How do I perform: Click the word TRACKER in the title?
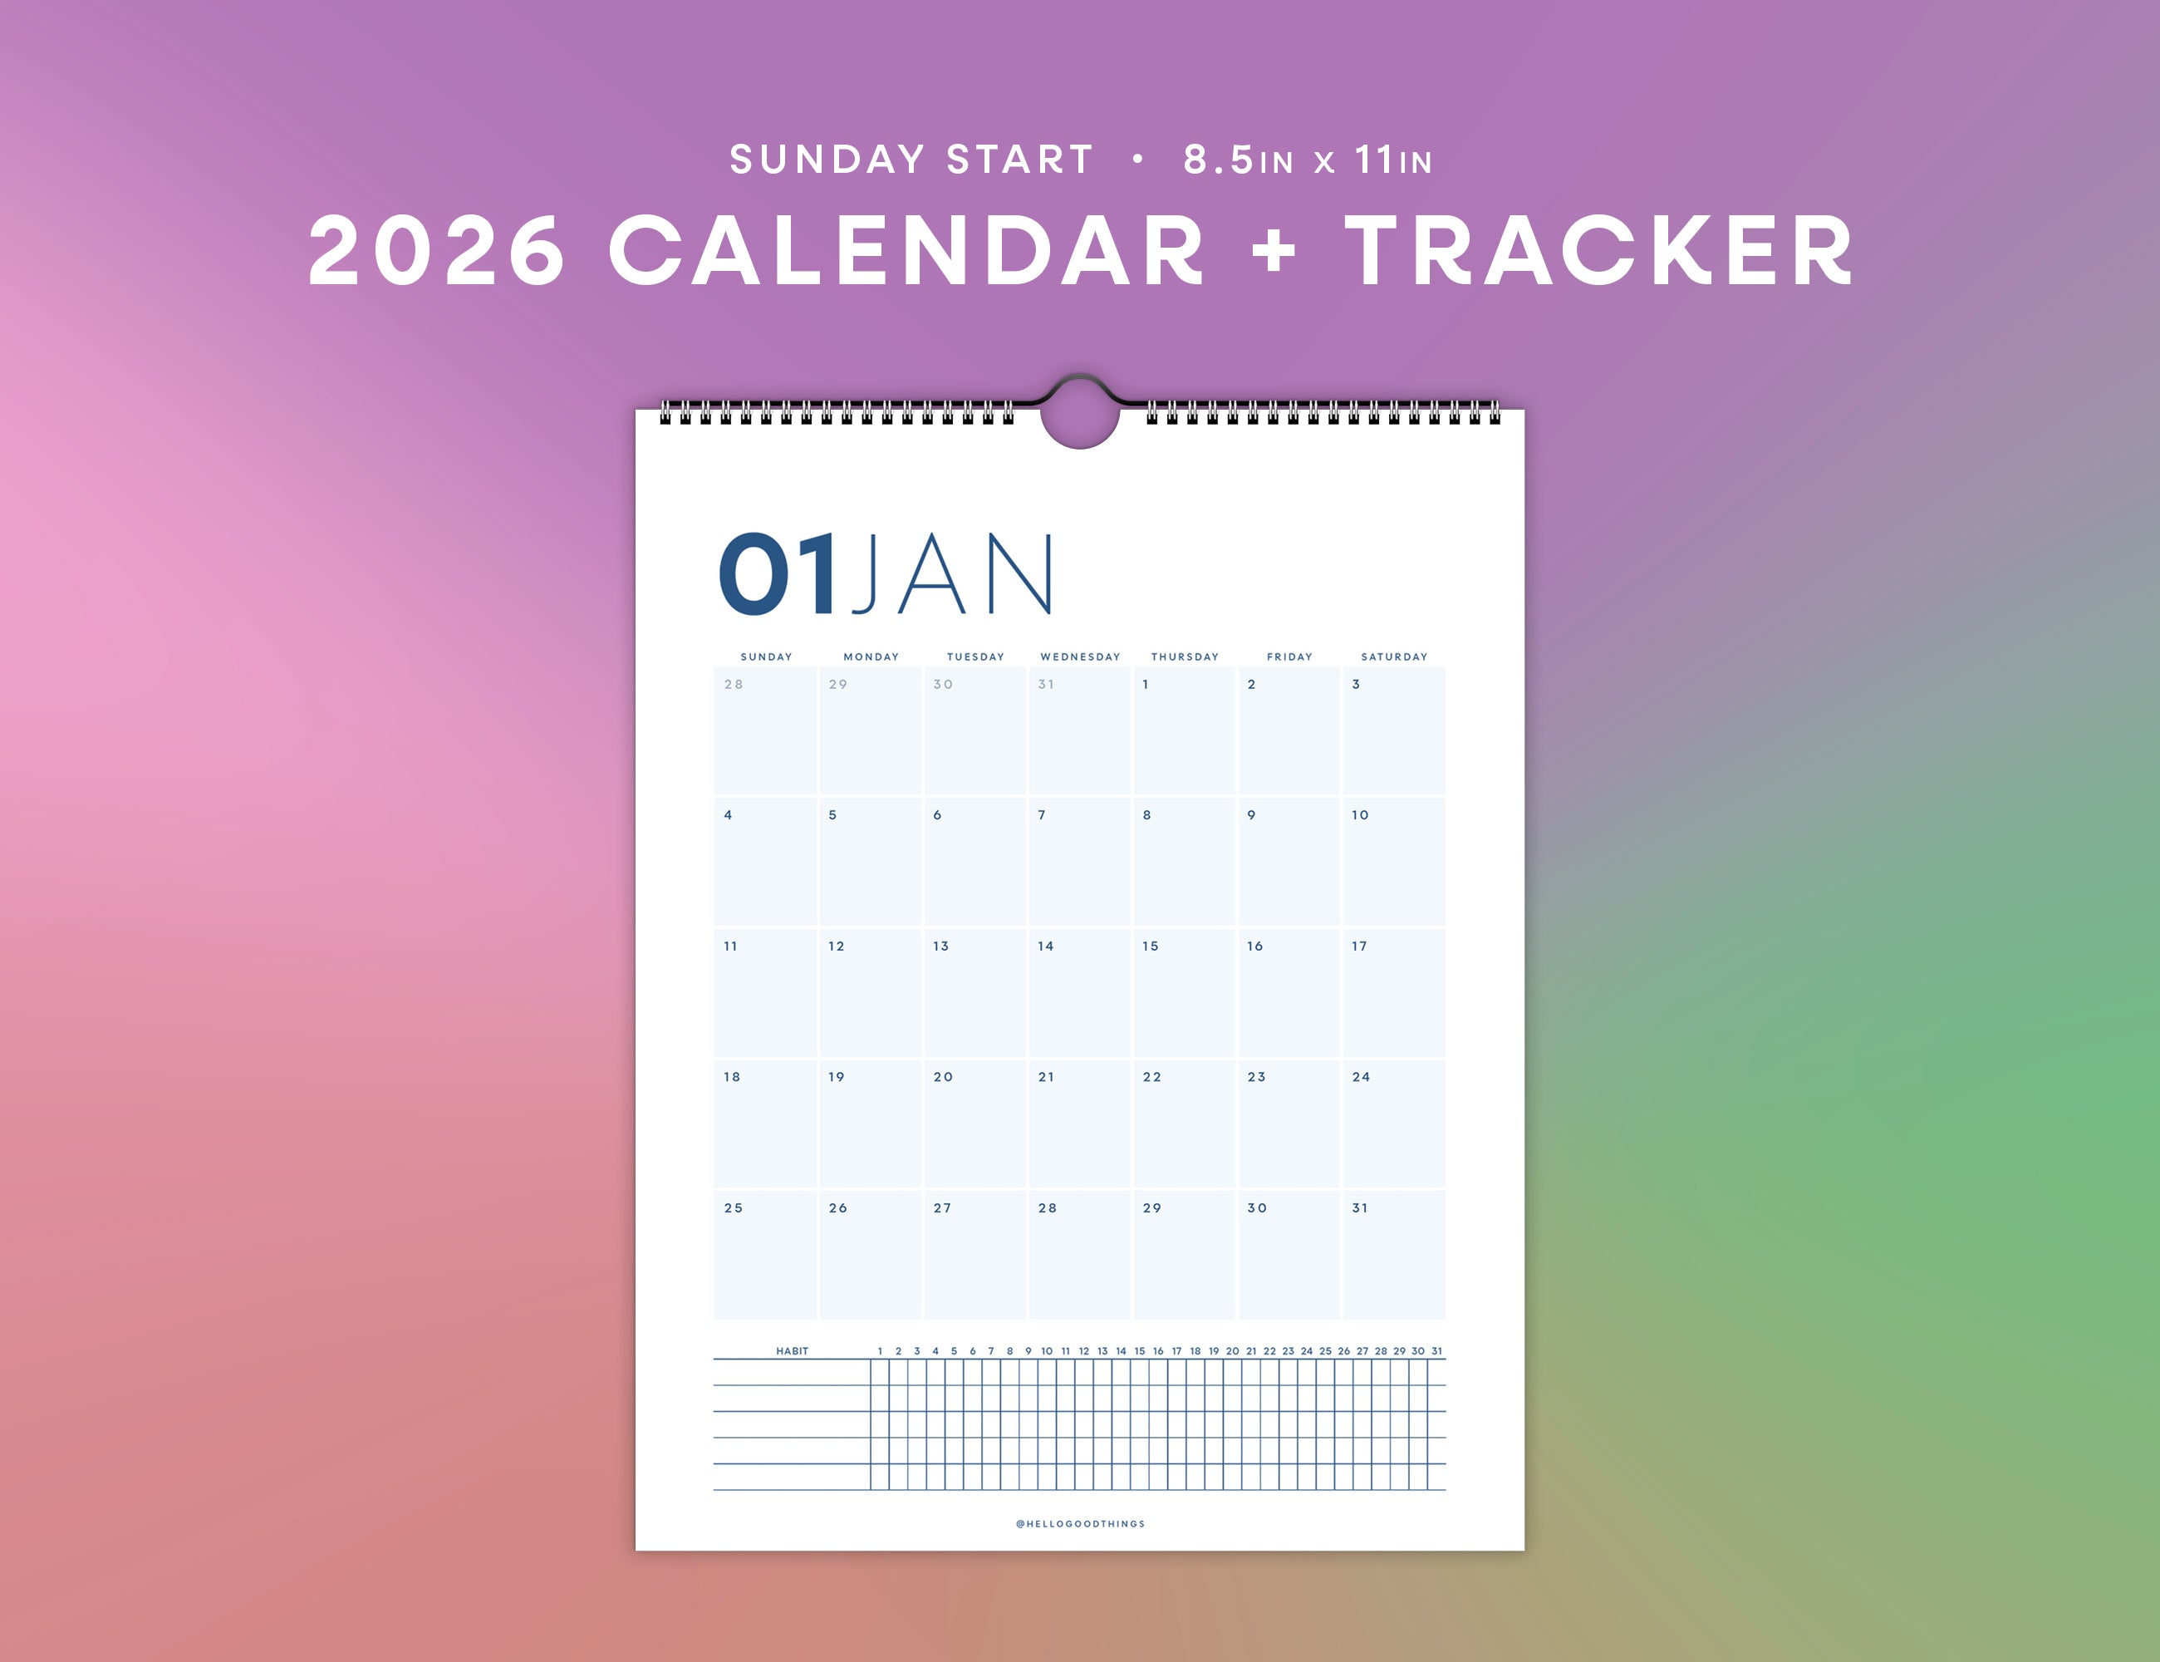[x=1598, y=251]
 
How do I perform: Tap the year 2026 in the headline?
[x=437, y=251]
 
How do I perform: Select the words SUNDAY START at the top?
[x=911, y=160]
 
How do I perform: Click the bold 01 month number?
[x=778, y=573]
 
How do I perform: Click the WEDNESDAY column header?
[x=1080, y=656]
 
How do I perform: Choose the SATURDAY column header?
[x=1395, y=656]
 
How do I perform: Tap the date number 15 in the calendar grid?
[x=1151, y=947]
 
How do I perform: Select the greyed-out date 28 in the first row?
[x=733, y=685]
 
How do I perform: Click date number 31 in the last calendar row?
[x=1360, y=1208]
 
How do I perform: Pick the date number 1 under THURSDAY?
[x=1146, y=685]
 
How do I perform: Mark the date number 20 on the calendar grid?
[x=943, y=1077]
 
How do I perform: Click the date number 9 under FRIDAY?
[x=1251, y=815]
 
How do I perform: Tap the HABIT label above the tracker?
[x=793, y=1351]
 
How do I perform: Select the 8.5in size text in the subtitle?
[x=1238, y=160]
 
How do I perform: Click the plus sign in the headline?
[x=1274, y=250]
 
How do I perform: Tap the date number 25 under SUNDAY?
[x=733, y=1208]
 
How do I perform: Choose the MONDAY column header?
[x=871, y=656]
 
